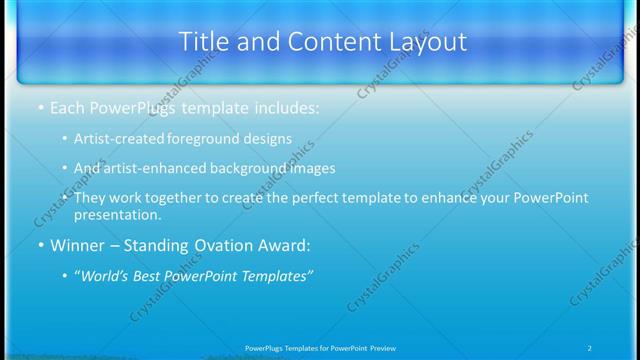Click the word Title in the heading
click(x=203, y=42)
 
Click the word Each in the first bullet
click(x=67, y=107)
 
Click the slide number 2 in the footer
click(x=589, y=348)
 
